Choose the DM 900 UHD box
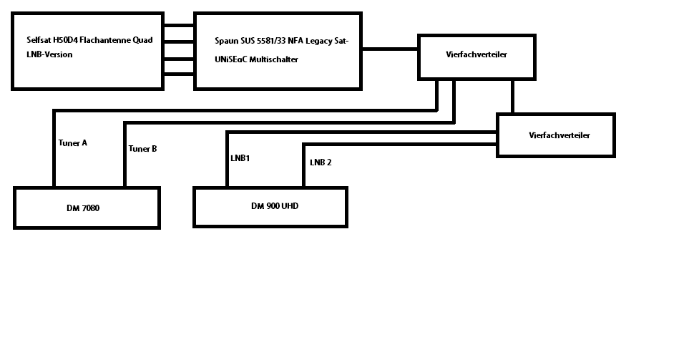point(270,207)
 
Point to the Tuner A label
point(72,142)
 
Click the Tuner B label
point(142,149)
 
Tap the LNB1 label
point(240,158)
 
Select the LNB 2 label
point(321,162)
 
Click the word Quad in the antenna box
point(142,40)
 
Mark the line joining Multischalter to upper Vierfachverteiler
point(389,49)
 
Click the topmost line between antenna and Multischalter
point(178,26)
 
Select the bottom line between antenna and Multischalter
point(178,72)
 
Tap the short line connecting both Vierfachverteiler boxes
point(512,96)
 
